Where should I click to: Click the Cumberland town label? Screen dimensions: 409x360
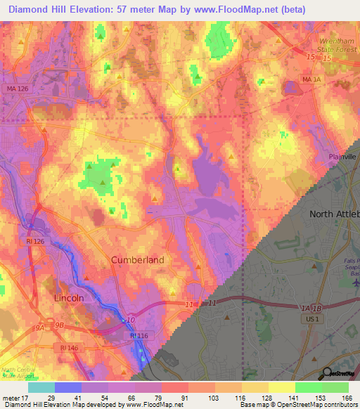[x=138, y=260]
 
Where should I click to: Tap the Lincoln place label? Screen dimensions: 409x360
[x=69, y=298]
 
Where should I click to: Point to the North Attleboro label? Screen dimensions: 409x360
[x=335, y=214]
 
